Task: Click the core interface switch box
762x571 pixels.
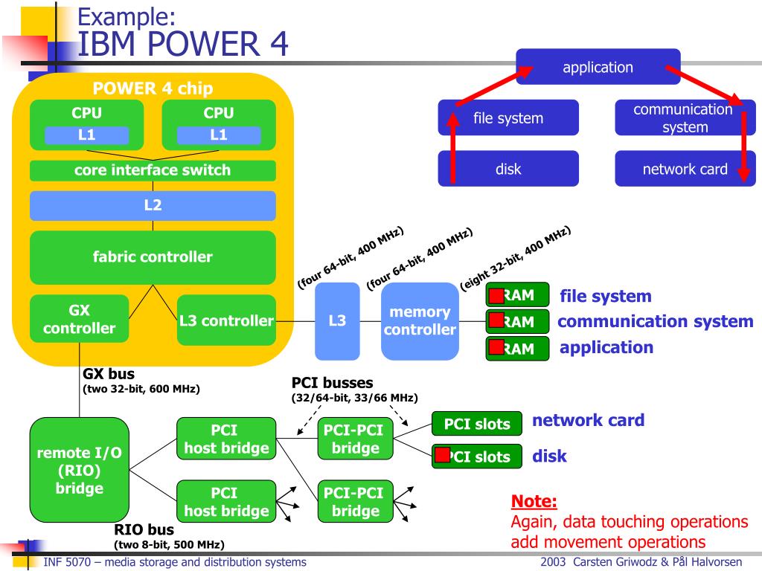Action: click(153, 170)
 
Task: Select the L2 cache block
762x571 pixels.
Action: click(153, 205)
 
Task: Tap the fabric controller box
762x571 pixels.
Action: click(153, 257)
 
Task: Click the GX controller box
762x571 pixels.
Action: click(79, 319)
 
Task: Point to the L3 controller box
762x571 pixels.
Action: click(226, 320)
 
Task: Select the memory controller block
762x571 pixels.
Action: click(420, 321)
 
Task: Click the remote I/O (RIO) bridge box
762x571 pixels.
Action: click(79, 470)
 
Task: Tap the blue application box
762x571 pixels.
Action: click(598, 67)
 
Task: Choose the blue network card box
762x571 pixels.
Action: click(685, 169)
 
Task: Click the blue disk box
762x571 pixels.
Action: click(508, 169)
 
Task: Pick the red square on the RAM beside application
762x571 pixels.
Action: click(496, 347)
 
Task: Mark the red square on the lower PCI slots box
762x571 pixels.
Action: click(442, 455)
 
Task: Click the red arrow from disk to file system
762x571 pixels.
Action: click(453, 148)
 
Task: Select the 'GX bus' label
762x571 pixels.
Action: click(109, 374)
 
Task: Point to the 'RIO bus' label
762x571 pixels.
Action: click(144, 529)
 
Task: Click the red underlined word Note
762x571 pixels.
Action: click(534, 501)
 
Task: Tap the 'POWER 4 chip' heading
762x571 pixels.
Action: click(153, 88)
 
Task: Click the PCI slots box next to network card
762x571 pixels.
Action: click(477, 424)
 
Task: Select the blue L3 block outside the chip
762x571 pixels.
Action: click(337, 321)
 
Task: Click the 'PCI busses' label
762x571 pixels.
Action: click(333, 383)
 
